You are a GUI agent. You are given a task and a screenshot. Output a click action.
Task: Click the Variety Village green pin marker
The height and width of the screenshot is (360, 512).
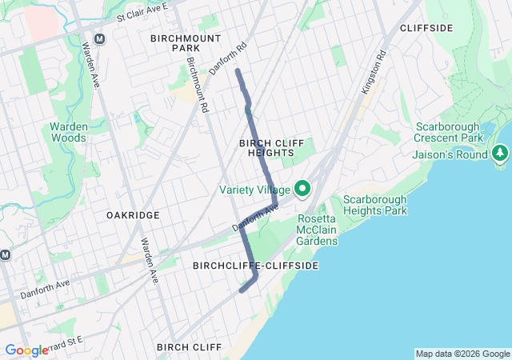pyautogui.click(x=302, y=189)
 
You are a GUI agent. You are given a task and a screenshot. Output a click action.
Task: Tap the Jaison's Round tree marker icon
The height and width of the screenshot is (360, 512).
pyautogui.click(x=501, y=152)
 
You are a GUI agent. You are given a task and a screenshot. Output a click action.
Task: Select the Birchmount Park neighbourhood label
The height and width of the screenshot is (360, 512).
pyautogui.click(x=174, y=42)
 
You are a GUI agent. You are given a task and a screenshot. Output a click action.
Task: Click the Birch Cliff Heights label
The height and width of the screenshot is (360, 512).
pyautogui.click(x=272, y=147)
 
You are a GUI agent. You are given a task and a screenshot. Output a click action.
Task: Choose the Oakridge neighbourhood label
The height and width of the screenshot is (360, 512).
pyautogui.click(x=133, y=215)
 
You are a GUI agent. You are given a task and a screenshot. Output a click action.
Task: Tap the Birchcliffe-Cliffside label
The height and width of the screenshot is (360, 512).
pyautogui.click(x=255, y=265)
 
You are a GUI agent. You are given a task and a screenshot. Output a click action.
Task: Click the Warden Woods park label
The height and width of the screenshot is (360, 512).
pyautogui.click(x=74, y=132)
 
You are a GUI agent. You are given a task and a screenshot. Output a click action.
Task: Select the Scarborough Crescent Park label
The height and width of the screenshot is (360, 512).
pyautogui.click(x=449, y=132)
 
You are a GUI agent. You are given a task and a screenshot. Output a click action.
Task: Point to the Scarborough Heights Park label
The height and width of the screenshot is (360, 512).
pyautogui.click(x=374, y=205)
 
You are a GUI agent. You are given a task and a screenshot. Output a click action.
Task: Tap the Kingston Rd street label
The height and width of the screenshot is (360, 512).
pyautogui.click(x=374, y=73)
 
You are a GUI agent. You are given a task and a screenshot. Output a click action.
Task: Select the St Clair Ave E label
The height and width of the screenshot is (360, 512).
pyautogui.click(x=142, y=11)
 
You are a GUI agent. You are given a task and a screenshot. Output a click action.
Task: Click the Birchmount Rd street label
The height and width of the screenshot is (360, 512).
pyautogui.click(x=197, y=84)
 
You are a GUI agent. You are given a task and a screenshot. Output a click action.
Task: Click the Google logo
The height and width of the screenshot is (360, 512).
pyautogui.click(x=26, y=350)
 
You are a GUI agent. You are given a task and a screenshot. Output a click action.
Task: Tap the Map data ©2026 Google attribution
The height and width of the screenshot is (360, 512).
pyautogui.click(x=462, y=354)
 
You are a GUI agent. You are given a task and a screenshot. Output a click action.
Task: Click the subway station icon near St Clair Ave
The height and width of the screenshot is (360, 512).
pyautogui.click(x=100, y=38)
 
